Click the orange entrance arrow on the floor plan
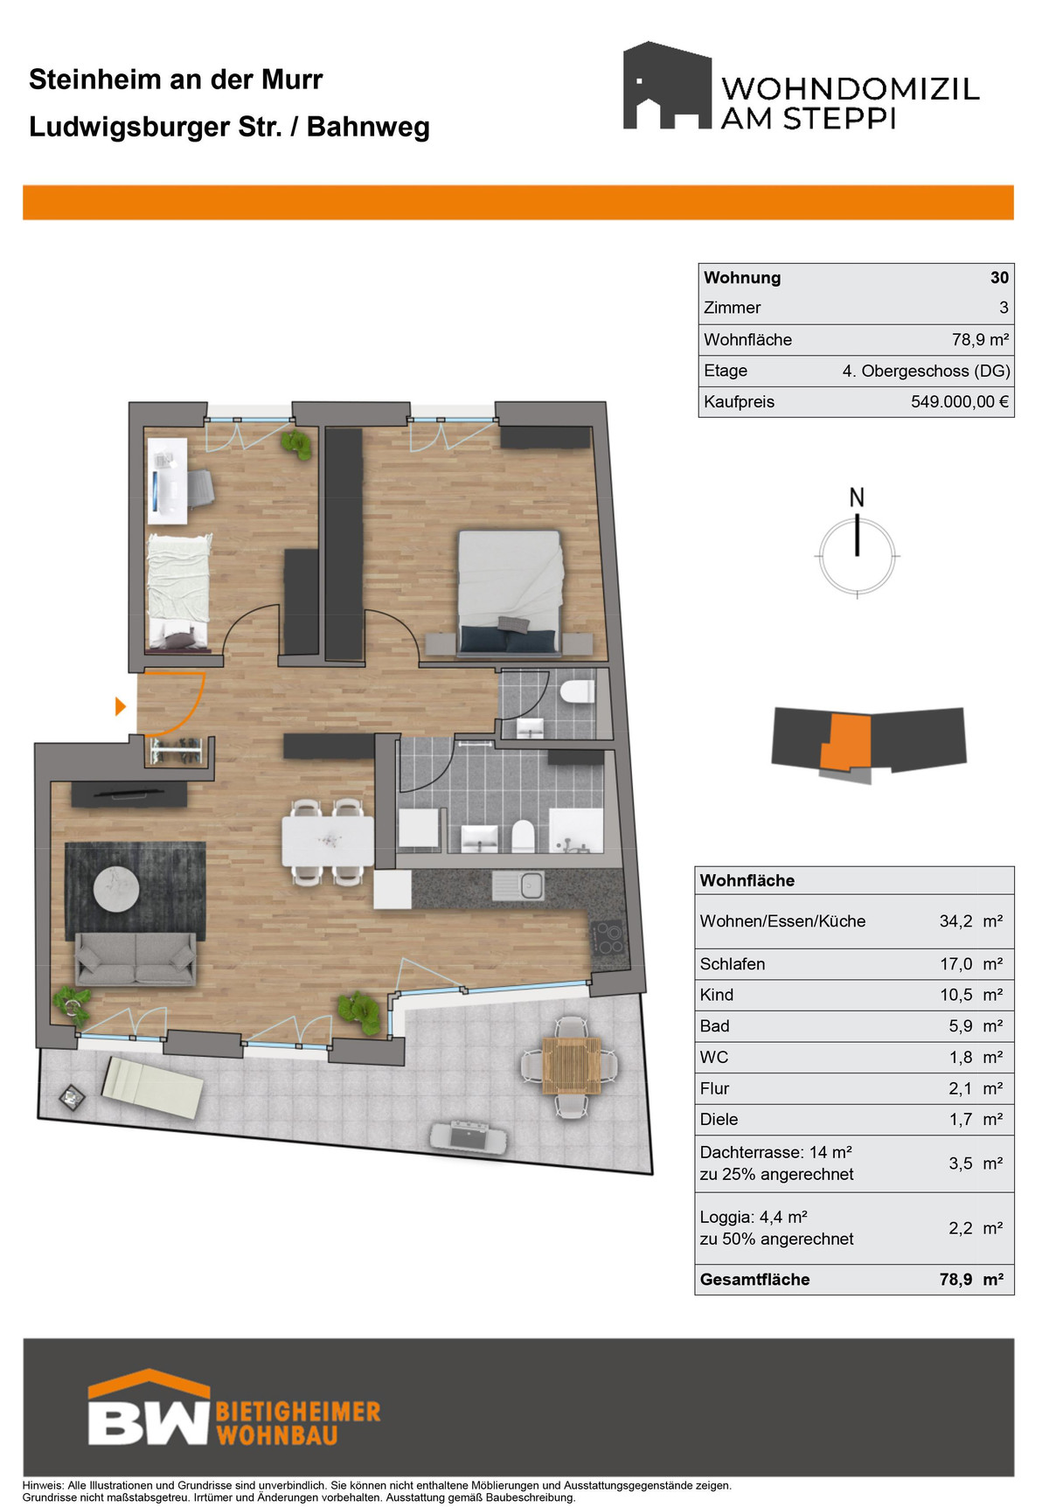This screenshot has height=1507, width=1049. pos(121,706)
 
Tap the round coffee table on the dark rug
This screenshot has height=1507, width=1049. pos(117,888)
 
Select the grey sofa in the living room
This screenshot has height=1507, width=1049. pos(135,959)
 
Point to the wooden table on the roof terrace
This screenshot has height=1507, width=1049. pos(569,1066)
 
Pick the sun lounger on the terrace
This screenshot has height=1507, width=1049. pos(154,1087)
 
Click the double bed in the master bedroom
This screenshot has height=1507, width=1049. pos(510,592)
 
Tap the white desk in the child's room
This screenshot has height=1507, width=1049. pos(167,481)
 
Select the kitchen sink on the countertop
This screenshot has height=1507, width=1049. pos(518,886)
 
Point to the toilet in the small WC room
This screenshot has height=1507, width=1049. pos(577,692)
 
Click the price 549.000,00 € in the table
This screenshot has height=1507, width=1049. pos(960,402)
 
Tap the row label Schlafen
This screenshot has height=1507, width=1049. pos(733,964)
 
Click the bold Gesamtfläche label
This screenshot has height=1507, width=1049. pos(754,1280)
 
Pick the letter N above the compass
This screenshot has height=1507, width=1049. pos(857,497)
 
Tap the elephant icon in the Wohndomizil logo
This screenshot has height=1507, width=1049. pos(667,86)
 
